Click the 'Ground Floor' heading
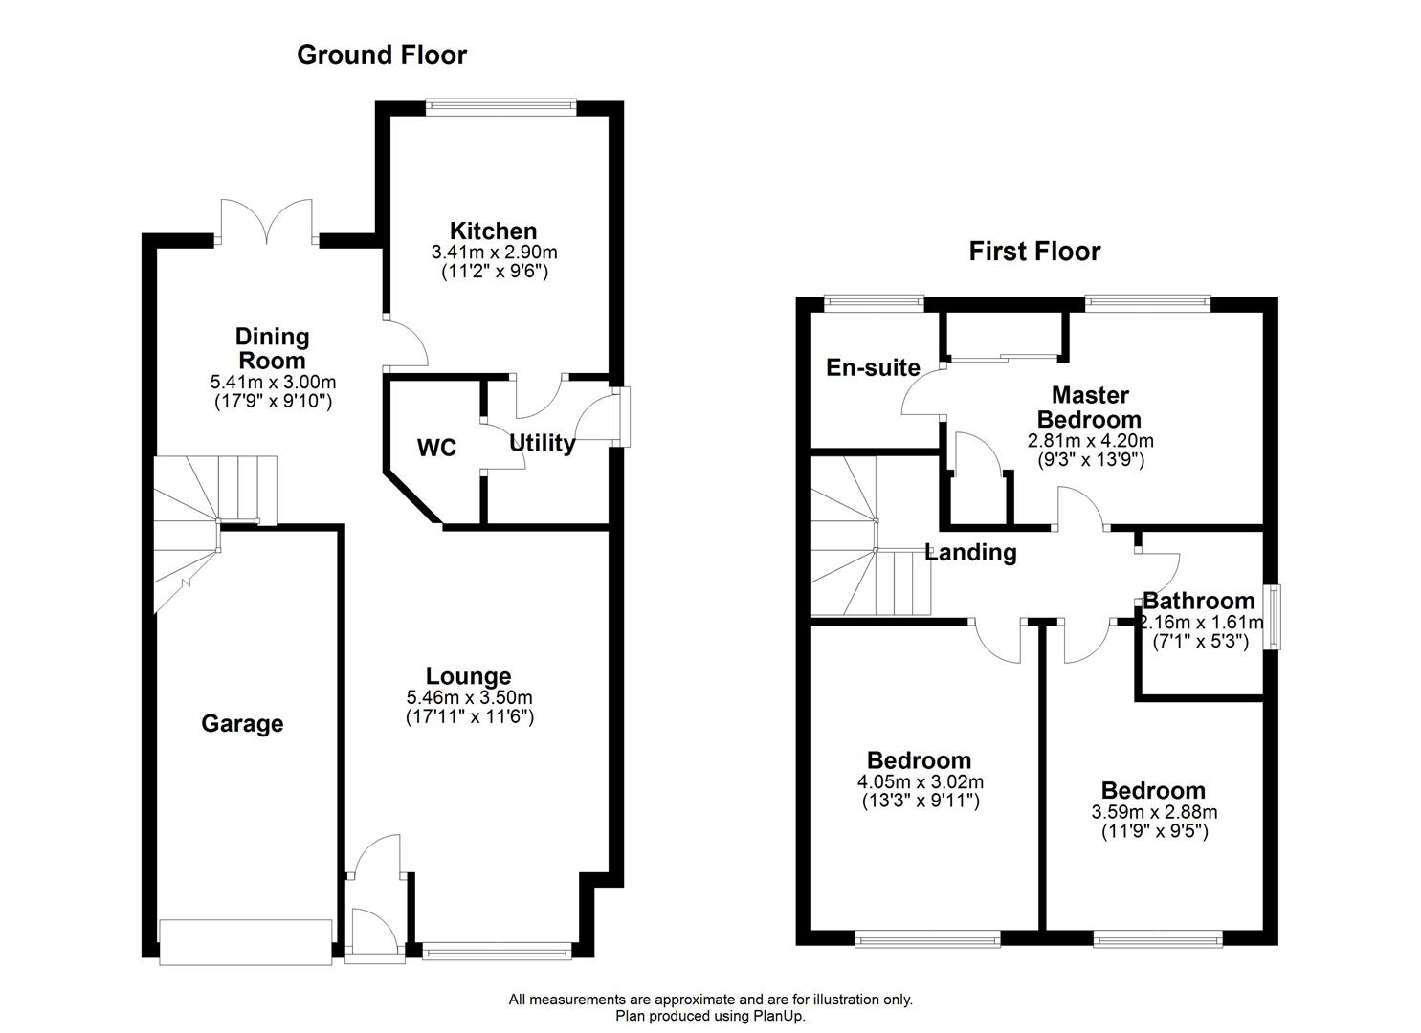pyautogui.click(x=382, y=55)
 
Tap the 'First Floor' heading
pyautogui.click(x=1034, y=252)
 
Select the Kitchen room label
pyautogui.click(x=493, y=231)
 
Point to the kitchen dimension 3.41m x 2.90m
pyautogui.click(x=494, y=253)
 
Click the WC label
pyautogui.click(x=436, y=448)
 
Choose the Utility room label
pyautogui.click(x=542, y=443)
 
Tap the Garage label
pyautogui.click(x=242, y=724)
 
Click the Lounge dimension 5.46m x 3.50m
pyautogui.click(x=469, y=697)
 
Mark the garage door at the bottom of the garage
pyautogui.click(x=246, y=942)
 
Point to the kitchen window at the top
pyautogui.click(x=501, y=107)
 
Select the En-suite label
pyautogui.click(x=873, y=367)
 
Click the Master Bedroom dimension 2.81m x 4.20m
pyautogui.click(x=1090, y=441)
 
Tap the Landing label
pyautogui.click(x=970, y=553)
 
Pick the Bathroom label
pyautogui.click(x=1198, y=602)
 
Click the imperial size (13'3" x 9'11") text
pyautogui.click(x=919, y=801)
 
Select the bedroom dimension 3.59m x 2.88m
pyautogui.click(x=1154, y=812)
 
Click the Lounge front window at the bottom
pyautogui.click(x=496, y=950)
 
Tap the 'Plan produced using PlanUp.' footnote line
pyautogui.click(x=710, y=1016)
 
